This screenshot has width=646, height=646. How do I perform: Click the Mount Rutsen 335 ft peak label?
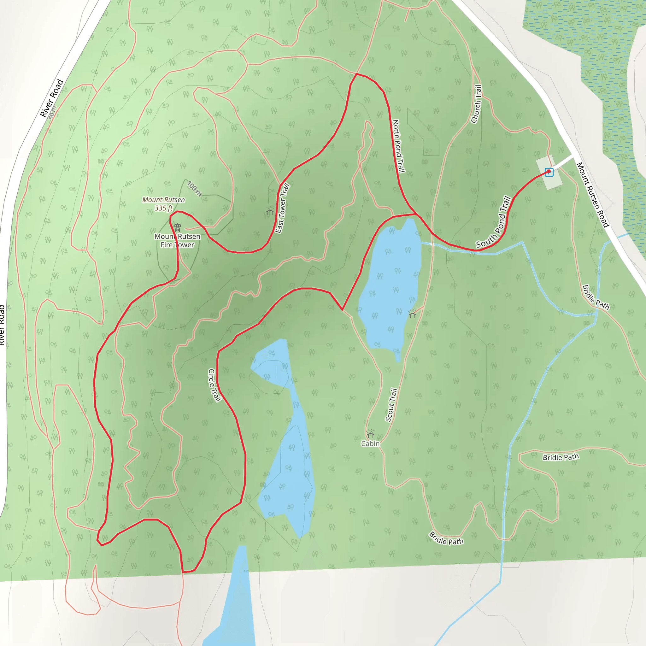point(163,204)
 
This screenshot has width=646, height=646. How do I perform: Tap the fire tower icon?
point(178,228)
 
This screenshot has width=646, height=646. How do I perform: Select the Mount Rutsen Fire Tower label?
point(177,240)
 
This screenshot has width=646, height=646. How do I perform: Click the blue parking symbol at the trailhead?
point(549,172)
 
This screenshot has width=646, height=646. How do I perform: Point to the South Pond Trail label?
point(494,222)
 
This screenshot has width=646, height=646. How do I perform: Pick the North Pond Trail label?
point(398,146)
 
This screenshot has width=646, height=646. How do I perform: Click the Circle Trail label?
point(215,385)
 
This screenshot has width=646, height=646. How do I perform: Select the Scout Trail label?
point(391,405)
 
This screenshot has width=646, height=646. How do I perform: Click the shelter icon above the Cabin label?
point(371,434)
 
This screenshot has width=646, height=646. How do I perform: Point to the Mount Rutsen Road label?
point(593,195)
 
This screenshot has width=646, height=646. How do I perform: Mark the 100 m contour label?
point(194,189)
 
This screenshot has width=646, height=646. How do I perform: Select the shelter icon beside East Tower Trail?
point(270,212)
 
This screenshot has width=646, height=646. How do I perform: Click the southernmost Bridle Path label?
point(446,538)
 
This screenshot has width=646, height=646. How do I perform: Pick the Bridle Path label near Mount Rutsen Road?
point(596,297)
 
